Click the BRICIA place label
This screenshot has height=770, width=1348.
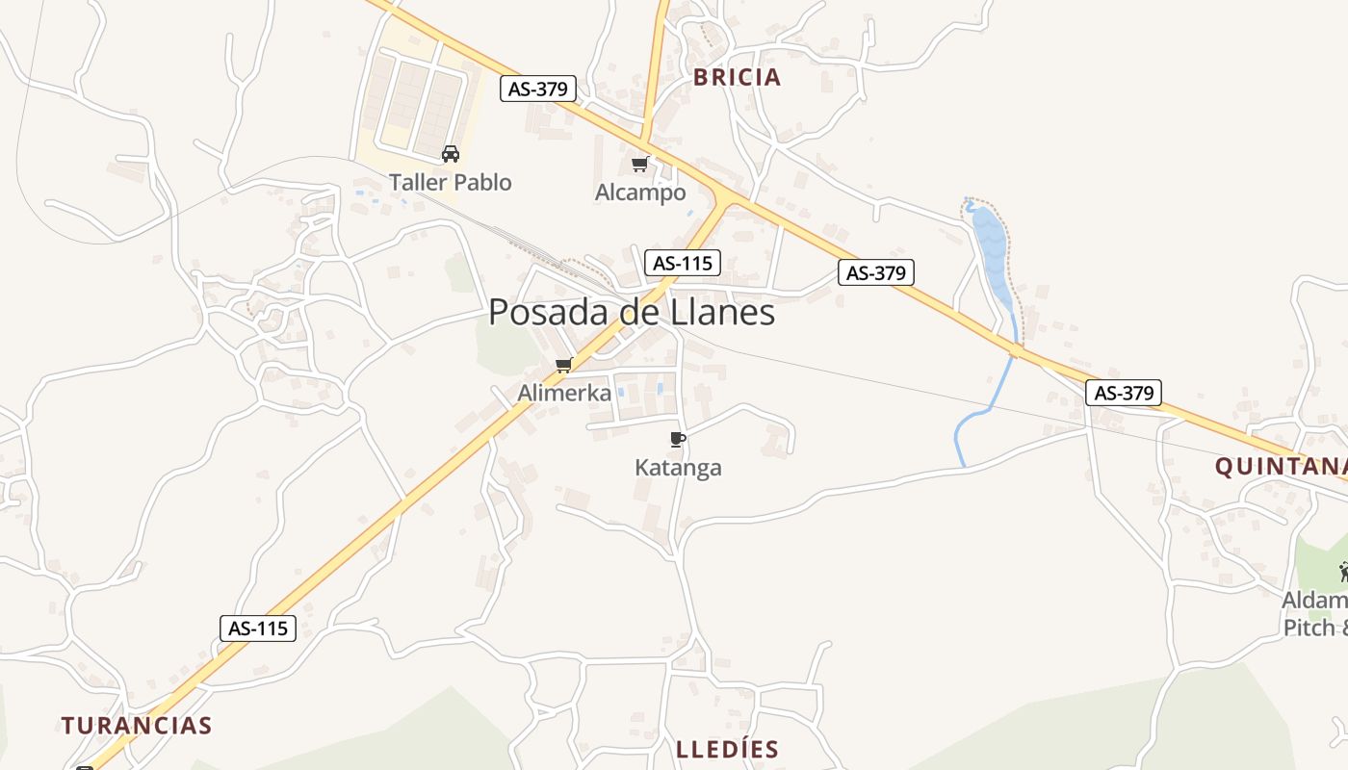737,78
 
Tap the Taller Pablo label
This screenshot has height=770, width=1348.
450,182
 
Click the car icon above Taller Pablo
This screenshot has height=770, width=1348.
450,153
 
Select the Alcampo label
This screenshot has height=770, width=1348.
640,192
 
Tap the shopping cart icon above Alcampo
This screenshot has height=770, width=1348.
640,164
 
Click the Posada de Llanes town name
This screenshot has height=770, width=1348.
632,312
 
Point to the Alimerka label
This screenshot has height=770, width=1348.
564,393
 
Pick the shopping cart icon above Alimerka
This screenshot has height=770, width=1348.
564,365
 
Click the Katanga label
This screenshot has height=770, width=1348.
678,468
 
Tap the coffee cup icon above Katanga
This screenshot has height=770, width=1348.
678,440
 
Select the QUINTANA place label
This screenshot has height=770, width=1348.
1280,467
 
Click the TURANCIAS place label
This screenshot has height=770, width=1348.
137,725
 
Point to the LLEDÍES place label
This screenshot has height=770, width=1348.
727,750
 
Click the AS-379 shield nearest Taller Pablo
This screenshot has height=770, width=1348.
538,89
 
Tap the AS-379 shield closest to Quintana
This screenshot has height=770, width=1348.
1124,393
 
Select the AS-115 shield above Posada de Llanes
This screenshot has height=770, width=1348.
682,263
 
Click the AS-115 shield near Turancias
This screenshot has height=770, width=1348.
257,629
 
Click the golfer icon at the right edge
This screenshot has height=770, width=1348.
1343,572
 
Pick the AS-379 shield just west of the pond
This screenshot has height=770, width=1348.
875,272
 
